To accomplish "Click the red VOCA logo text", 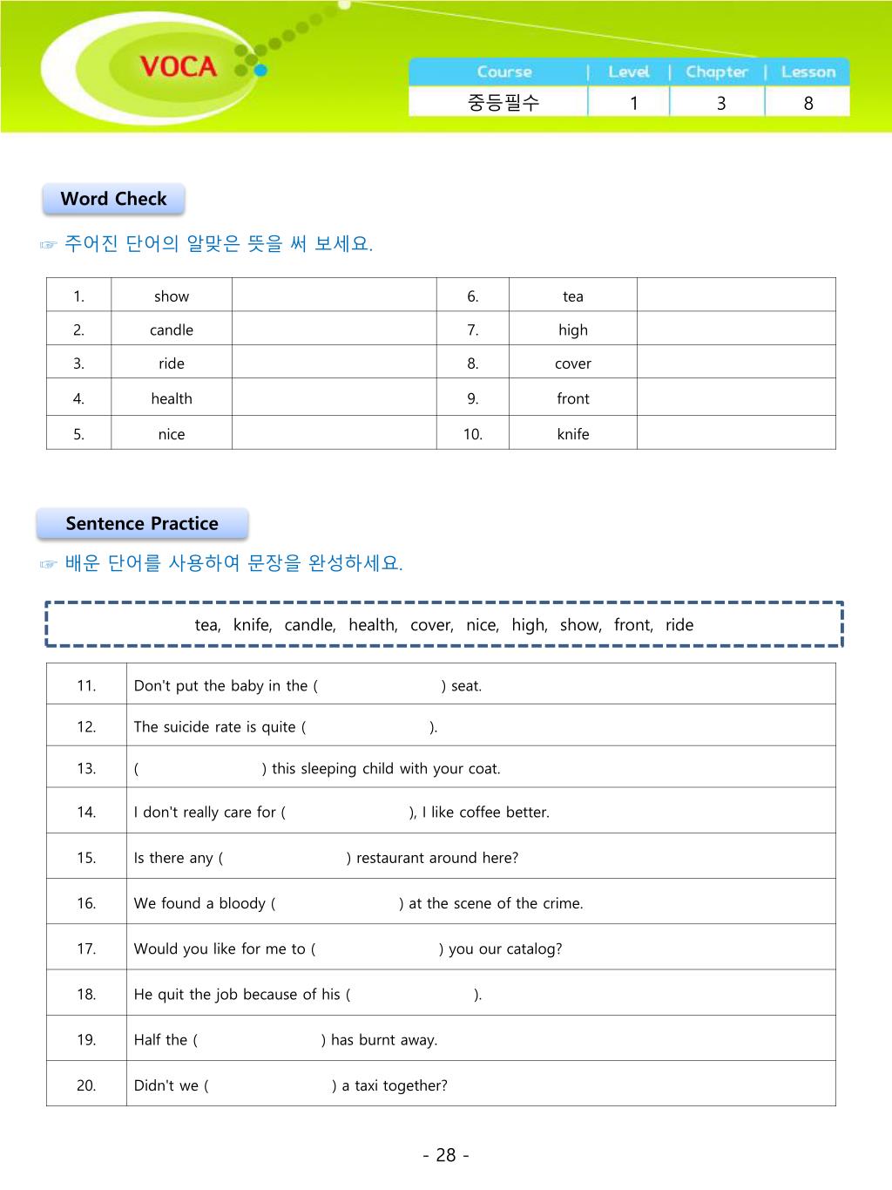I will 178,67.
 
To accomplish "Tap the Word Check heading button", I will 113,199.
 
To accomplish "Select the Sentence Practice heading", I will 142,524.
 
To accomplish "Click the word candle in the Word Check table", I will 172,330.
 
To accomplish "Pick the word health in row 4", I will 172,399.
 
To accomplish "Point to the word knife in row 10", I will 573,434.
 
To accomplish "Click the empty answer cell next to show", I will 334,296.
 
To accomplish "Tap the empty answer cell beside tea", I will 736,296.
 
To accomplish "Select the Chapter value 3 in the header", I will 721,103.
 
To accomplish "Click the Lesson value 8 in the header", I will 808,103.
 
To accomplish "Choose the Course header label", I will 504,72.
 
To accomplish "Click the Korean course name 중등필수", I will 503,103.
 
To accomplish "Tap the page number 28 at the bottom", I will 446,1155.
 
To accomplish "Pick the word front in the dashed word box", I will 632,625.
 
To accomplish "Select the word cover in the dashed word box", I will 430,625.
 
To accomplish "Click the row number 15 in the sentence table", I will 86,858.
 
